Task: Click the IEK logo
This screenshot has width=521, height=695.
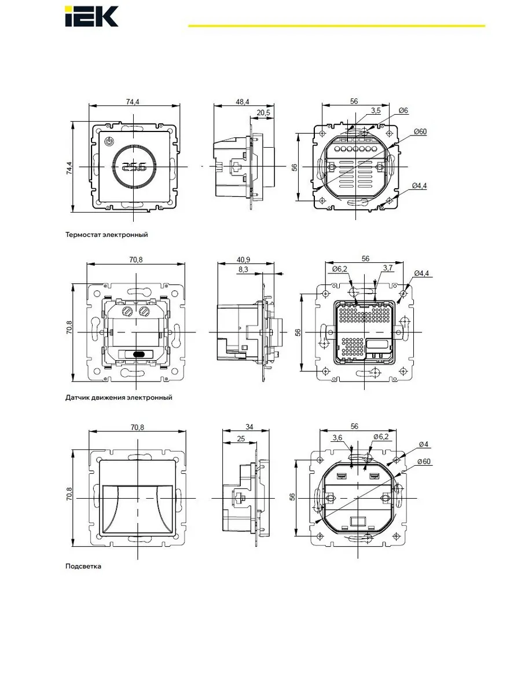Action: tap(91, 16)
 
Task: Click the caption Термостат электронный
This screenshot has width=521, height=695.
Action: tap(107, 235)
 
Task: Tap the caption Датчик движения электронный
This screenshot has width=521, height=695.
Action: tap(119, 397)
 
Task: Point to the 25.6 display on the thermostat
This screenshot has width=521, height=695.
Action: tap(134, 167)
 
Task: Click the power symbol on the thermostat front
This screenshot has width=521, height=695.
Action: tap(108, 141)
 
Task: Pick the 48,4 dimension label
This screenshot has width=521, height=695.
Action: tap(243, 101)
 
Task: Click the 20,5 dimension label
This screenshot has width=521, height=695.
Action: tap(263, 113)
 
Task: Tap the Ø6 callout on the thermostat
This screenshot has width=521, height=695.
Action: tap(403, 111)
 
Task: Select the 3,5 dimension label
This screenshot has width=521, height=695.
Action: tap(376, 111)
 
